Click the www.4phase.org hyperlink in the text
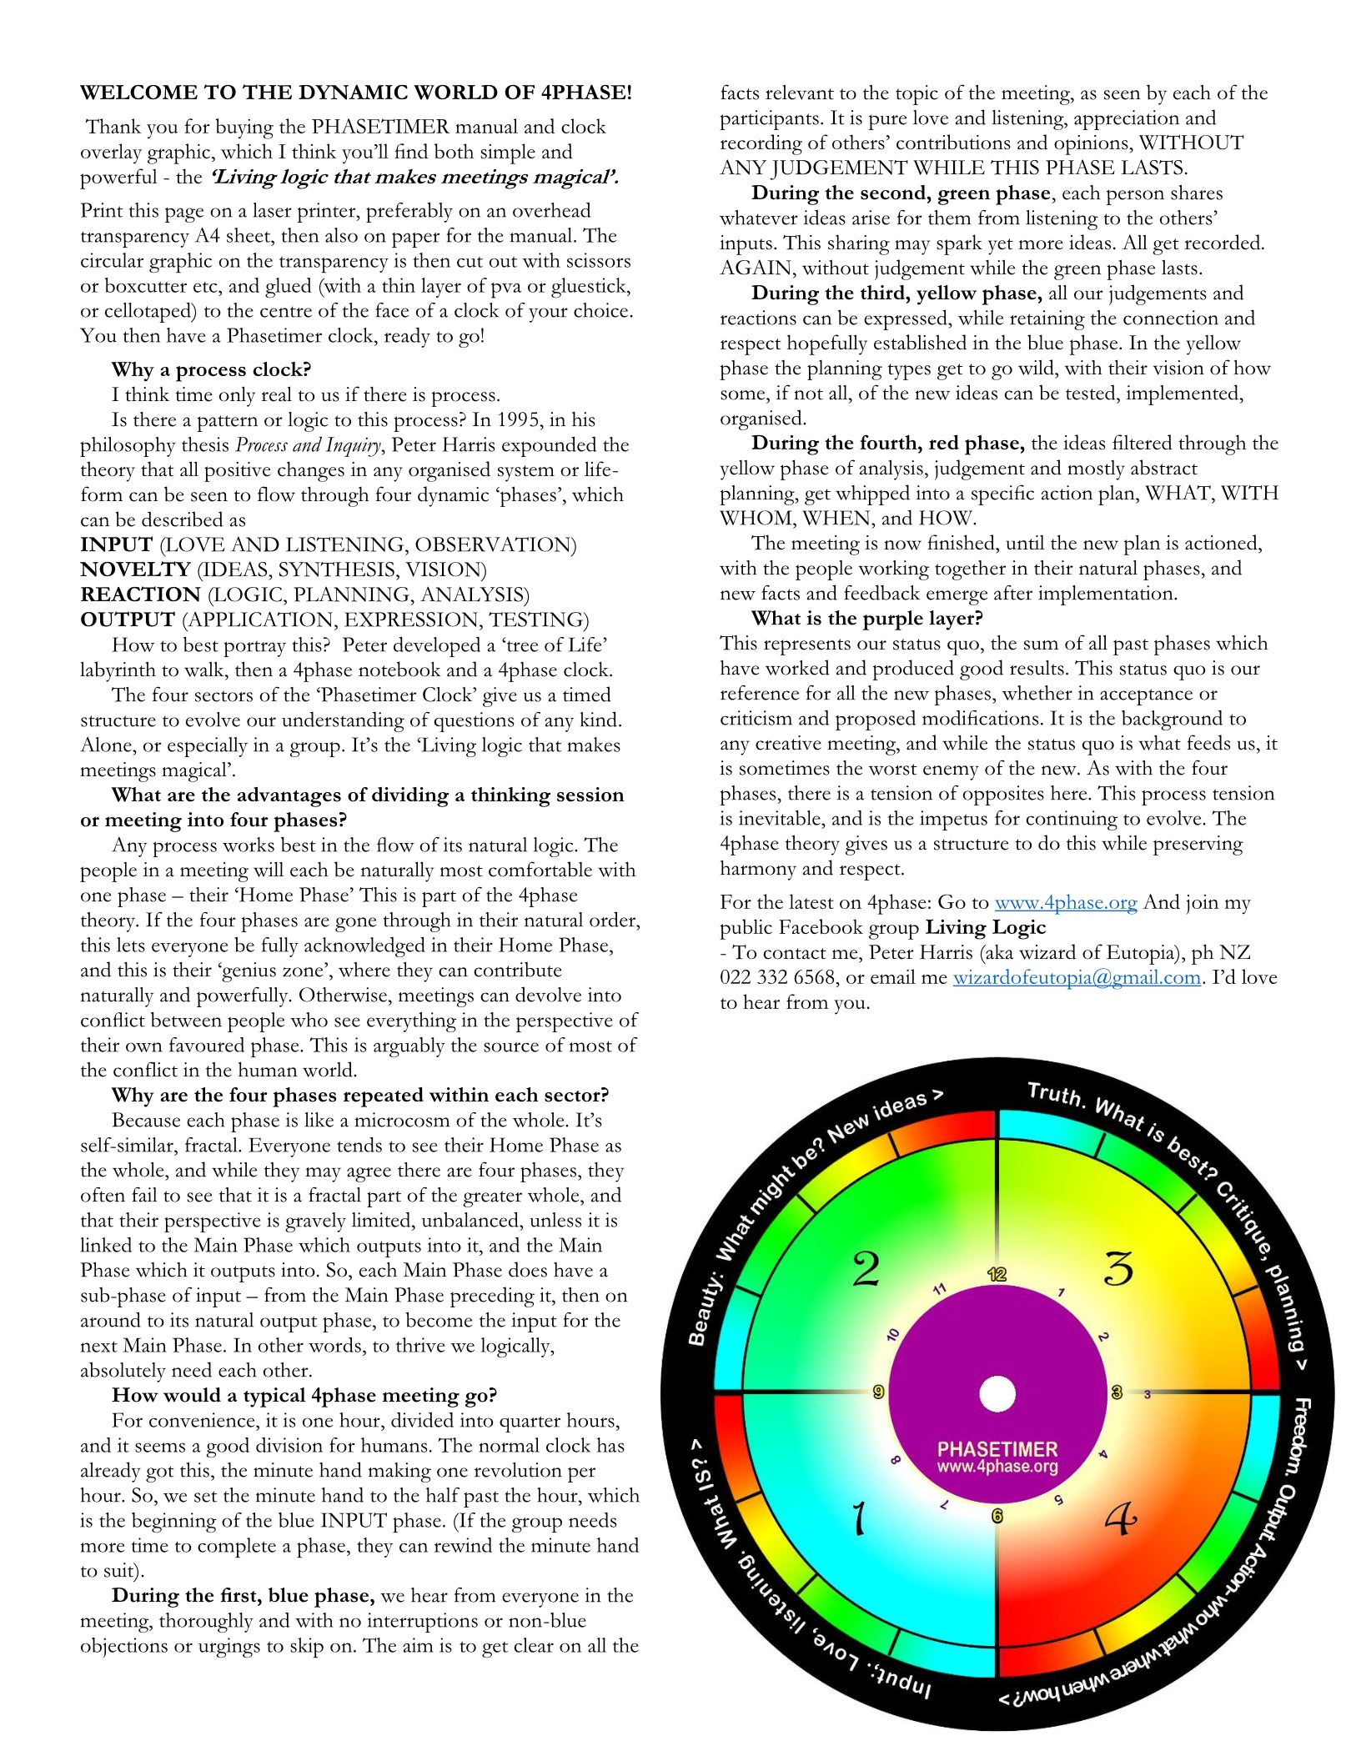(1065, 903)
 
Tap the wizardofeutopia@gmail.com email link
(1076, 978)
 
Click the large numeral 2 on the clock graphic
(866, 1269)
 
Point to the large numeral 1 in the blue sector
(858, 1518)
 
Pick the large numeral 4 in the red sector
(1120, 1519)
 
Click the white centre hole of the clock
(997, 1394)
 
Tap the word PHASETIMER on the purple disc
(997, 1449)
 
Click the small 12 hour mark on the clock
(997, 1274)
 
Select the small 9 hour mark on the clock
(878, 1392)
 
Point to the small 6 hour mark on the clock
(997, 1516)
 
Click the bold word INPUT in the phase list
(116, 545)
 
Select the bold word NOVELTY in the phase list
(135, 570)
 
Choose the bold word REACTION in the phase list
(140, 595)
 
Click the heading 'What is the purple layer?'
(867, 619)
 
